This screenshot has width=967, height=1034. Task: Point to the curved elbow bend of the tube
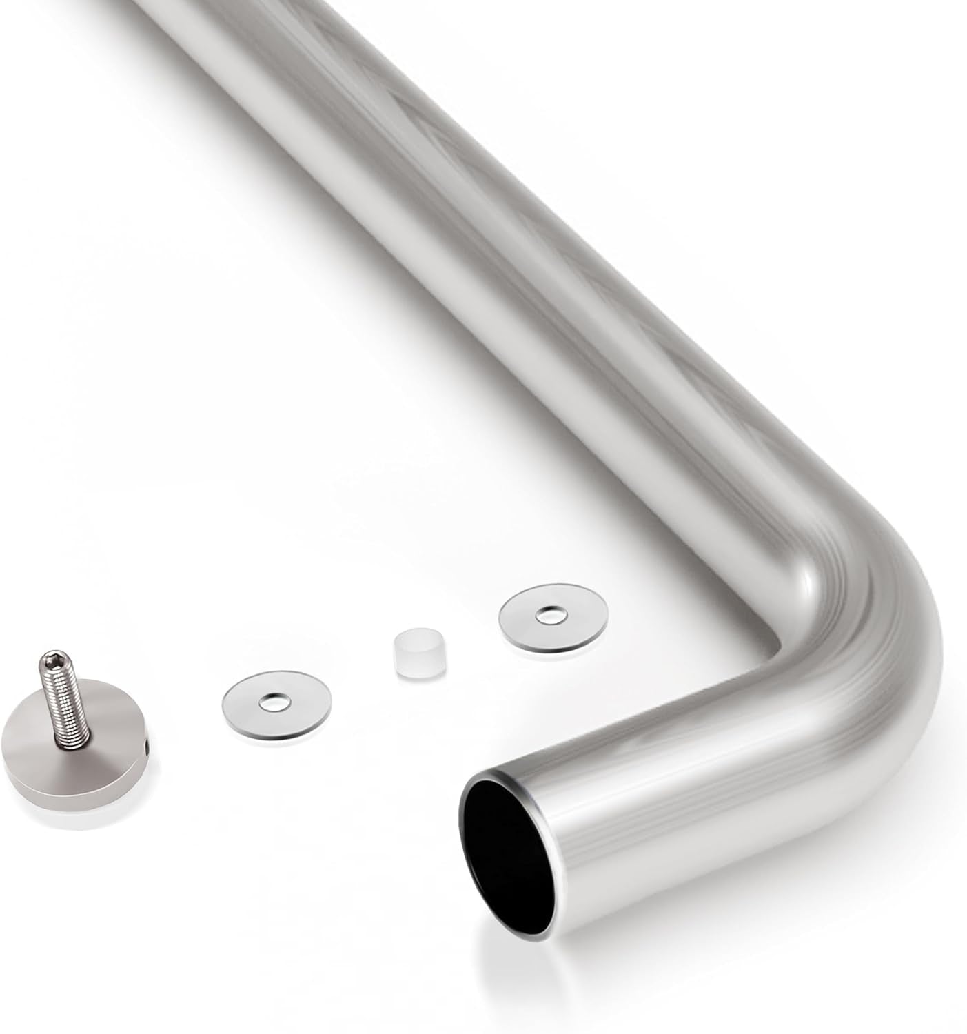[x=862, y=600]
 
